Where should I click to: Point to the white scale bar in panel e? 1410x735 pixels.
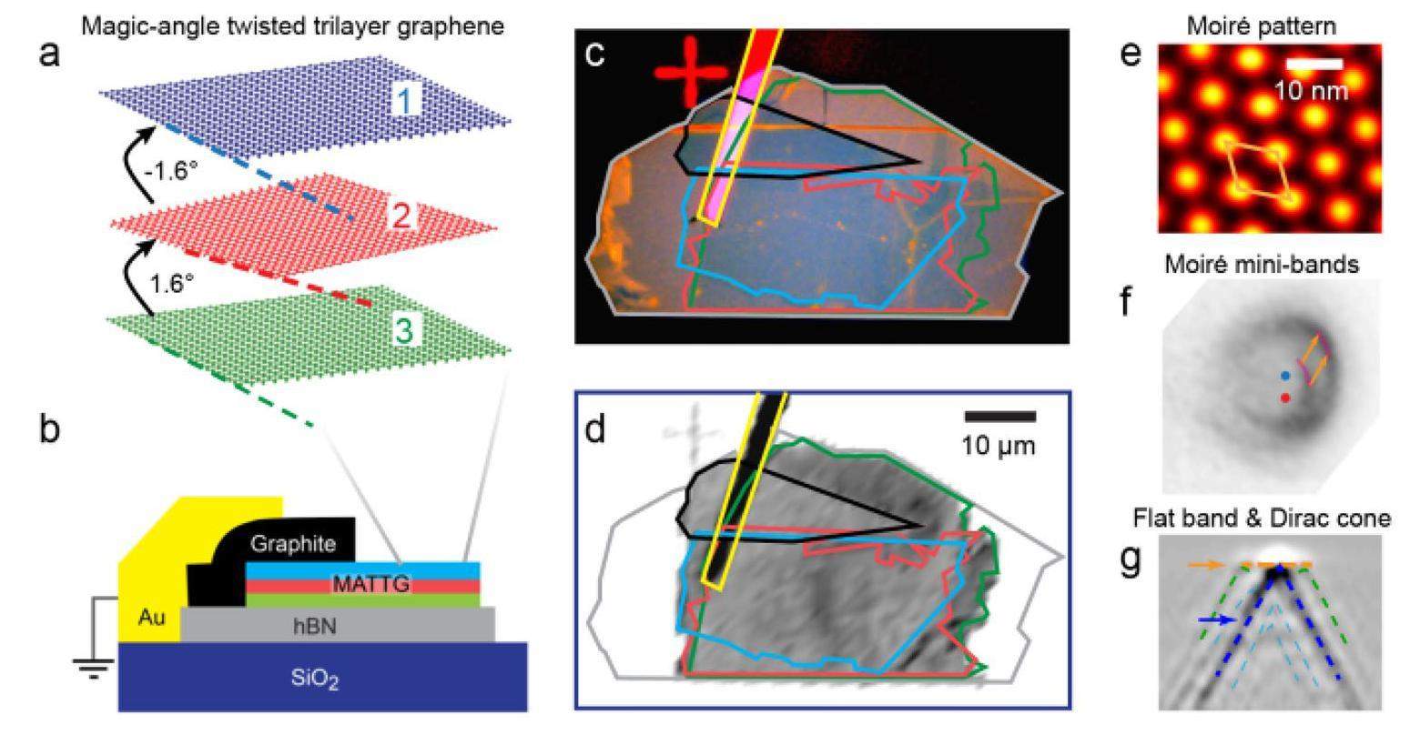pyautogui.click(x=1316, y=64)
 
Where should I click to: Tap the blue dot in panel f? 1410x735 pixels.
pyautogui.click(x=1284, y=375)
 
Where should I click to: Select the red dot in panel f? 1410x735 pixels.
pyautogui.click(x=1284, y=398)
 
